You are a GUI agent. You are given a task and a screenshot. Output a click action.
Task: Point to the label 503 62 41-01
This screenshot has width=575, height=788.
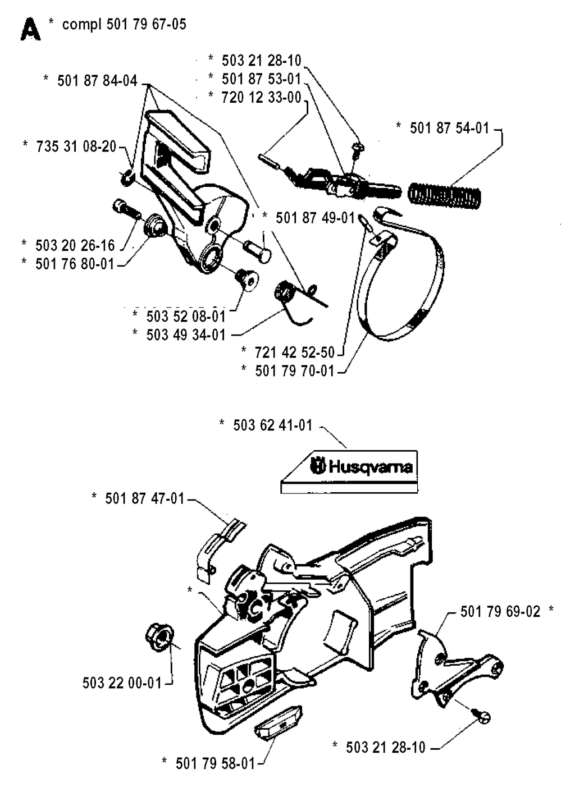click(x=272, y=425)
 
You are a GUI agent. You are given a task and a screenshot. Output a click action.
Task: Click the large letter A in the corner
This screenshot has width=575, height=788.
click(x=30, y=30)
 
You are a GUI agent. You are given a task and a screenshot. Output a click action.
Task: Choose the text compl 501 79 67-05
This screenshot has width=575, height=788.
click(x=124, y=24)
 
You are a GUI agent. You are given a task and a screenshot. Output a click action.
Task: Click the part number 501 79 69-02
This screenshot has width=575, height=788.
click(x=500, y=611)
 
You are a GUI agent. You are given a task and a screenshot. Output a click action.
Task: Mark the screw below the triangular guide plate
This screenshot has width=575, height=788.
click(x=483, y=717)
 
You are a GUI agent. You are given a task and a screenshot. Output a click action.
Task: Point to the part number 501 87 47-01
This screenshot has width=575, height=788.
click(x=144, y=498)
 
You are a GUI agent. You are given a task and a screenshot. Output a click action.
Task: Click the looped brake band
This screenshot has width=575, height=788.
click(x=404, y=281)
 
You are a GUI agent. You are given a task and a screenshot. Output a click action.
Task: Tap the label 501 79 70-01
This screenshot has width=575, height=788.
click(x=294, y=371)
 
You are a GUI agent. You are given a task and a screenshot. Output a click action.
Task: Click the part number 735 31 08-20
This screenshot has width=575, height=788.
click(x=76, y=146)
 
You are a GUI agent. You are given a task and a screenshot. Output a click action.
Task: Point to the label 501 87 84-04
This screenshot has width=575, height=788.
click(x=97, y=81)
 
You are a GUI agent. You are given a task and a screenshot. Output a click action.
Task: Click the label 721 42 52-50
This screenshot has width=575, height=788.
click(x=294, y=352)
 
